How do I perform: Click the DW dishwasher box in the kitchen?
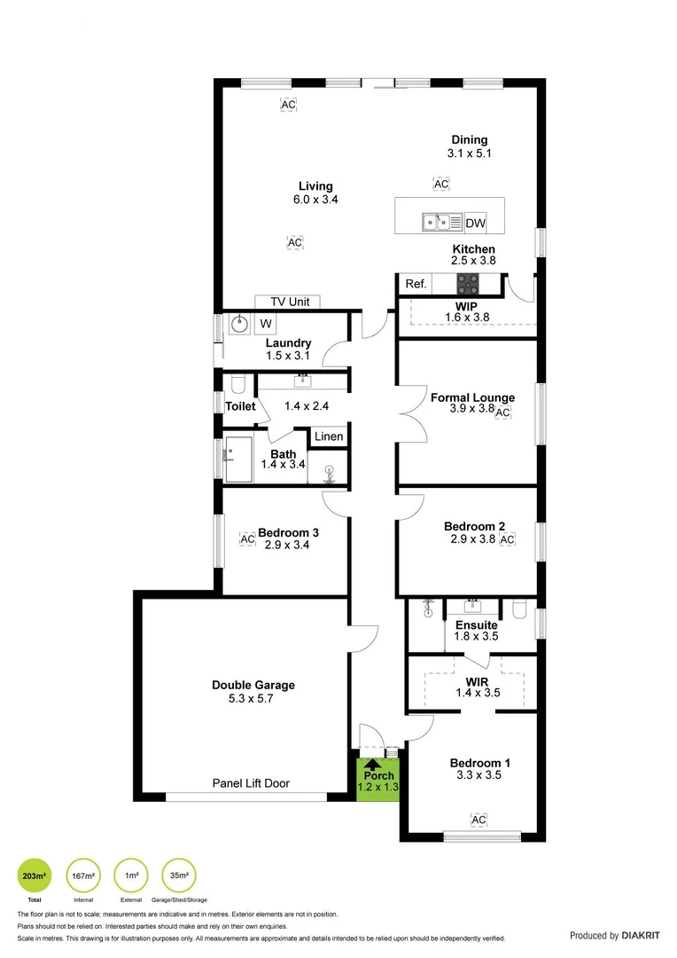(476, 223)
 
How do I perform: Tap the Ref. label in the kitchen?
(416, 284)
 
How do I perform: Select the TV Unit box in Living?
(287, 302)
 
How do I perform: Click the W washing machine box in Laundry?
(266, 323)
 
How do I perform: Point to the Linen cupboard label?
(328, 436)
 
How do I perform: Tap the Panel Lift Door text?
(251, 783)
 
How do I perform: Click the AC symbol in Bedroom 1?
(479, 820)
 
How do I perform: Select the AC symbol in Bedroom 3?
(247, 538)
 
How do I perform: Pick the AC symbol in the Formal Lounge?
(502, 412)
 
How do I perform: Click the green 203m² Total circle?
(35, 876)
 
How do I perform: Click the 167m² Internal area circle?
(82, 876)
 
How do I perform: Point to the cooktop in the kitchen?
(467, 284)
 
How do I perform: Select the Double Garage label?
(253, 685)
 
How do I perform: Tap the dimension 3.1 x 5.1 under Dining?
(469, 153)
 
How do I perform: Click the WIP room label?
(466, 305)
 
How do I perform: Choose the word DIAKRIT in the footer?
(642, 935)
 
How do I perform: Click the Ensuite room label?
(477, 624)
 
